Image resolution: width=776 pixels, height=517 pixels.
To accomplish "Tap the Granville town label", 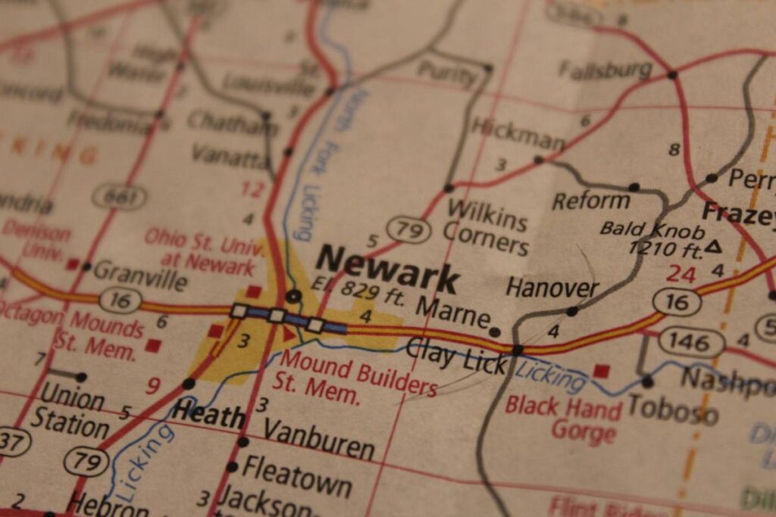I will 140,275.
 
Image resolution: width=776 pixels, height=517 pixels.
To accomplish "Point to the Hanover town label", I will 552,288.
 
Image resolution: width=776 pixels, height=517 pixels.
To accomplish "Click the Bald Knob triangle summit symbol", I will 712,246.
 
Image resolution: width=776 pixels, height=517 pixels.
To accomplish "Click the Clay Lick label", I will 456,356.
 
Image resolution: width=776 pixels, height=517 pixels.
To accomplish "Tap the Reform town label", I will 590,201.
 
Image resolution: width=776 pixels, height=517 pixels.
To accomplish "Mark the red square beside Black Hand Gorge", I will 602,371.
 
